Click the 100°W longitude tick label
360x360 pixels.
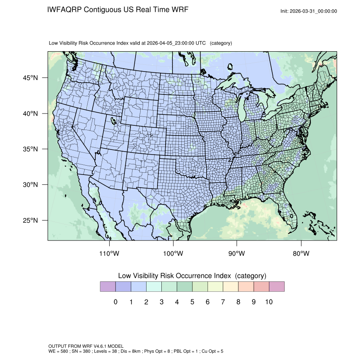(x=173, y=254)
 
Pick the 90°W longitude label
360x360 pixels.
(x=237, y=254)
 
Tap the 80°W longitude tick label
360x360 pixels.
(x=301, y=254)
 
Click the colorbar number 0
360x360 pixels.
(x=116, y=302)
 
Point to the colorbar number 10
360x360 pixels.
(x=269, y=302)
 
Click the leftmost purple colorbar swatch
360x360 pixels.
(x=108, y=287)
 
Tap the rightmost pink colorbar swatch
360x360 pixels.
(x=277, y=287)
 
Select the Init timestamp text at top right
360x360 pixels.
(x=309, y=11)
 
